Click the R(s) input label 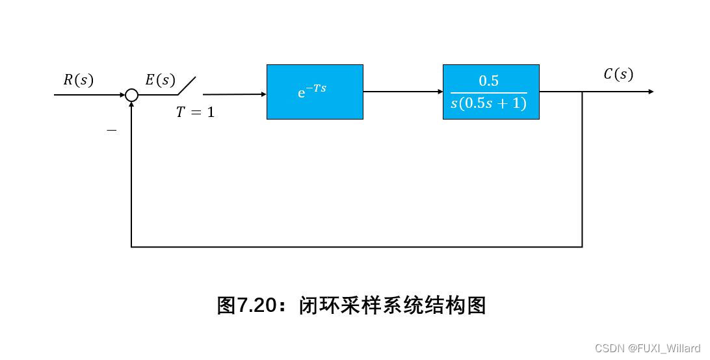point(78,80)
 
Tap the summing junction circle point(131,95)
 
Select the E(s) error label point(160,80)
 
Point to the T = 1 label point(195,112)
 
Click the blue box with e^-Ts point(315,92)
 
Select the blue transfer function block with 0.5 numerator point(491,92)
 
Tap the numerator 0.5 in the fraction point(488,81)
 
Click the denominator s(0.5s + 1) point(488,103)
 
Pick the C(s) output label point(618,75)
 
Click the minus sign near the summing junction point(112,131)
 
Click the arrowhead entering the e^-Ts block point(263,94)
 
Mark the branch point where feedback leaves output point(582,92)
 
